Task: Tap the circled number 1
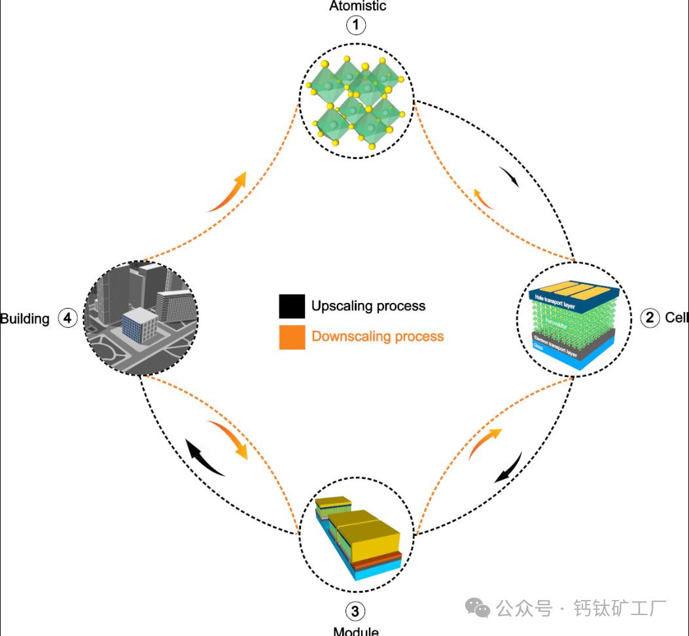pyautogui.click(x=357, y=26)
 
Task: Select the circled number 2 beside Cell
pyautogui.click(x=649, y=319)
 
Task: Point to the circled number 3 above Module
pyautogui.click(x=355, y=612)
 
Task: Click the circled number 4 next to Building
pyautogui.click(x=67, y=319)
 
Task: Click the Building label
pyautogui.click(x=25, y=319)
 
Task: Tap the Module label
pyautogui.click(x=356, y=631)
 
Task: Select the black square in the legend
pyautogui.click(x=292, y=306)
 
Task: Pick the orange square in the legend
pyautogui.click(x=292, y=337)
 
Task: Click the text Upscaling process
pyautogui.click(x=368, y=306)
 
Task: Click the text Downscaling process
pyautogui.click(x=378, y=336)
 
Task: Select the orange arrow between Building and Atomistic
pyautogui.click(x=228, y=192)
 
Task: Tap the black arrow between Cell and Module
pyautogui.click(x=508, y=467)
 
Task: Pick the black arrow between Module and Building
pyautogui.click(x=204, y=457)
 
